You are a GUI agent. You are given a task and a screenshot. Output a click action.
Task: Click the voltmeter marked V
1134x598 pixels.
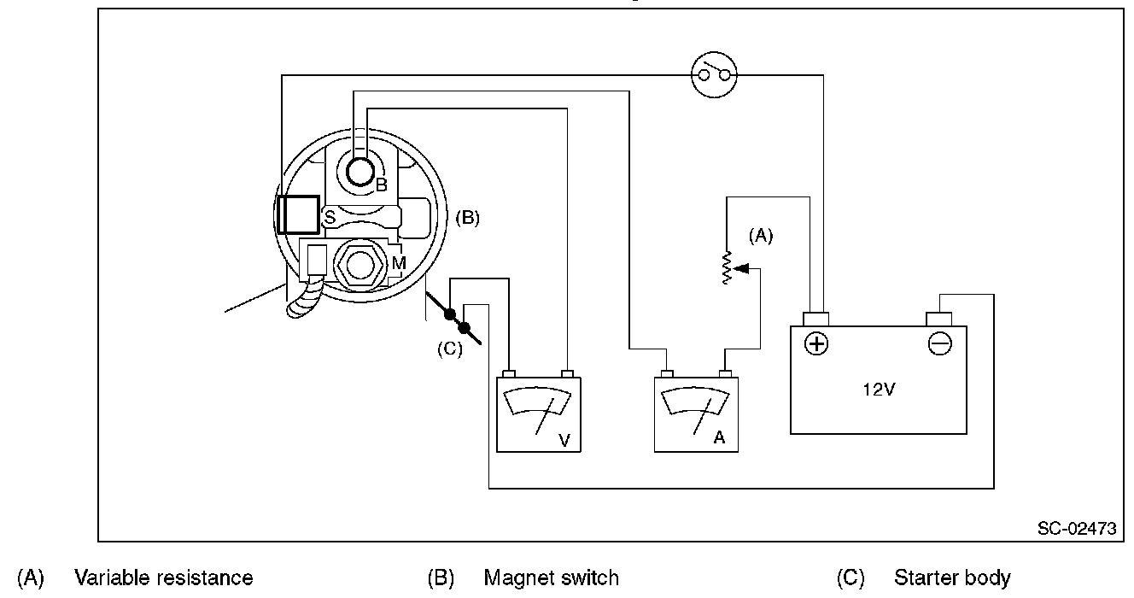coord(538,414)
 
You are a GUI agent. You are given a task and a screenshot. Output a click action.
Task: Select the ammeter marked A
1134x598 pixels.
coord(695,414)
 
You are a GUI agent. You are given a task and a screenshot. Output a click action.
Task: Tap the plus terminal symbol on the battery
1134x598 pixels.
coord(817,343)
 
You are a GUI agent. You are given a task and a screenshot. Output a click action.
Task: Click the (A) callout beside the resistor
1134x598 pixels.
coord(760,237)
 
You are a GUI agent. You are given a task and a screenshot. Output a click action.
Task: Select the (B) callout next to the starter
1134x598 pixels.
coord(467,217)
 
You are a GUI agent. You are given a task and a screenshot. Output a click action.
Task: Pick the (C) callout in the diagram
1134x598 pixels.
coord(449,349)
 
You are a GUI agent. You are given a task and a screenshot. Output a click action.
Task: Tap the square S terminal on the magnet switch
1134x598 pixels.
coord(298,214)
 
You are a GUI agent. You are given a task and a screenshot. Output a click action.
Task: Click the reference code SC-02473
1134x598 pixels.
coord(1077,529)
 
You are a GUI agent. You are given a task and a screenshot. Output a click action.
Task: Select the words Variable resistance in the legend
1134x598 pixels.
coord(163,578)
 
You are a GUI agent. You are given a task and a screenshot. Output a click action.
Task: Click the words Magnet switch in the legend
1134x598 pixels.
coord(551,578)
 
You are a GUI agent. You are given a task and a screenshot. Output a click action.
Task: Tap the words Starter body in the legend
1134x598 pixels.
coord(952,578)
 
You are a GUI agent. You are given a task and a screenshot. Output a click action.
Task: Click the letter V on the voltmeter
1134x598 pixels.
coord(564,440)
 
